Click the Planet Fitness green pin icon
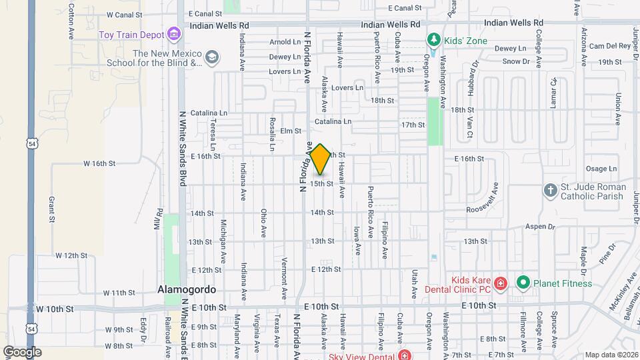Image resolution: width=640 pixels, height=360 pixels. (523, 283)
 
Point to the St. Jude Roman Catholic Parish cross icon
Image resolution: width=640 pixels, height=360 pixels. (550, 190)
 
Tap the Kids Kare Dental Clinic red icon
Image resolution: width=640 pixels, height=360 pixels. (501, 283)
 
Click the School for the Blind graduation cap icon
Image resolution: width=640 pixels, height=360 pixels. (212, 58)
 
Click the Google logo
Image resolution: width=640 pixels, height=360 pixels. (22, 351)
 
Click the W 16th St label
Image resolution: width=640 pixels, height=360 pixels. (99, 163)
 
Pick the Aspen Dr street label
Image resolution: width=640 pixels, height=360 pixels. (541, 227)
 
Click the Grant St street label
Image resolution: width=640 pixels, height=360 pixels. (51, 209)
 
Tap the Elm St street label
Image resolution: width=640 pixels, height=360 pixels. (287, 131)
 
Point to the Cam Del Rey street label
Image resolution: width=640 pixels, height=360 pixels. (609, 46)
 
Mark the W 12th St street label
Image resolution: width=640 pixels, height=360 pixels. (71, 255)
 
